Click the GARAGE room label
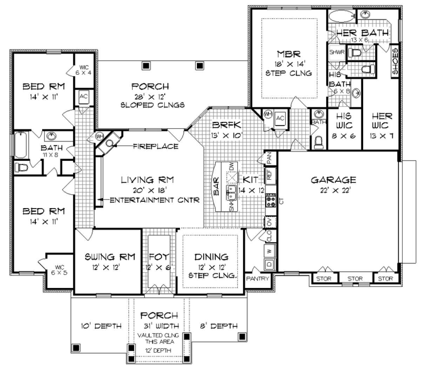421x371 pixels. [333, 180]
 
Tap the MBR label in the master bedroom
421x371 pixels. [289, 54]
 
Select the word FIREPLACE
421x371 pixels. [156, 146]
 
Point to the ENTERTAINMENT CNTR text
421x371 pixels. [155, 200]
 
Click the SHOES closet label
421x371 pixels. [395, 61]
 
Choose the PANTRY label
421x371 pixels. [258, 279]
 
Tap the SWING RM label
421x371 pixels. [110, 257]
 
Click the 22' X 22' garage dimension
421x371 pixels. [335, 190]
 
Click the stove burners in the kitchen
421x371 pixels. [271, 200]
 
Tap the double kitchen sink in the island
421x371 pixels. [231, 193]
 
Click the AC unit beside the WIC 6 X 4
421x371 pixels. [84, 97]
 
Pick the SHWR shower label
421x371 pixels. [337, 52]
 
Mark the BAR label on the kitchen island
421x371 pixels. [216, 186]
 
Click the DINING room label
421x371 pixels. [211, 257]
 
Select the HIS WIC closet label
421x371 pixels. [344, 121]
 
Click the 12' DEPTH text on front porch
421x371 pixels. [158, 350]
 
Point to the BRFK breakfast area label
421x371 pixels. [226, 125]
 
